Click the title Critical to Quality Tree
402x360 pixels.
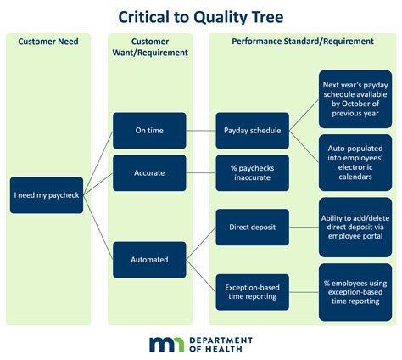click(200, 15)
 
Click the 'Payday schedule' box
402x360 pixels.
click(252, 131)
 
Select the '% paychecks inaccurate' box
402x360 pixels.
click(252, 172)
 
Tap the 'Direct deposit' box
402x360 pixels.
click(252, 228)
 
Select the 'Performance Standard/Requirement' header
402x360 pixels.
click(304, 42)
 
